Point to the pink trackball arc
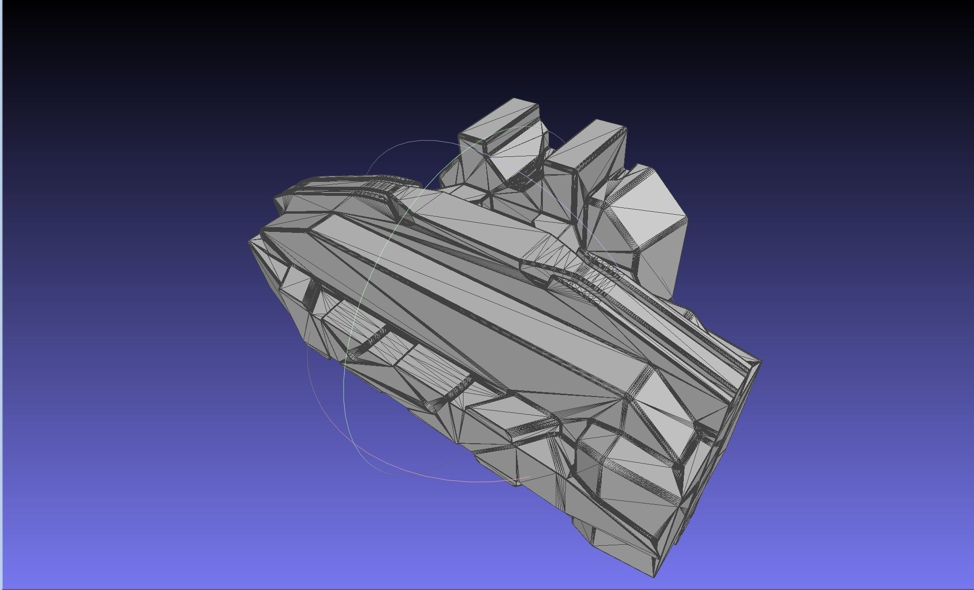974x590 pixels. coord(433,474)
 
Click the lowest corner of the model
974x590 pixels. coord(654,577)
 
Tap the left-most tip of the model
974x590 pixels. coord(249,241)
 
